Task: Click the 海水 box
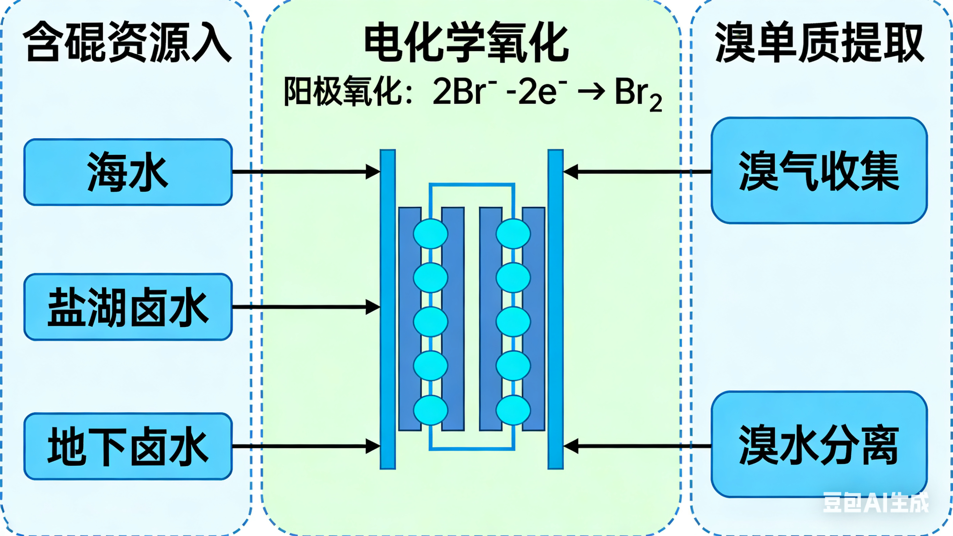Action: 128,172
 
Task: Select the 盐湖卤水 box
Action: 128,307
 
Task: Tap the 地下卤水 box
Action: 128,446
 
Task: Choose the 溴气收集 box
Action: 819,171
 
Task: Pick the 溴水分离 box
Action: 819,444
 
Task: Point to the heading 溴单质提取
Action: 819,43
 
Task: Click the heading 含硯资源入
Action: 128,42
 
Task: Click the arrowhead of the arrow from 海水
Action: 373,172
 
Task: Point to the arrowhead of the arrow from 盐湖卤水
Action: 373,307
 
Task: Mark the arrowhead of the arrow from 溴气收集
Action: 571,172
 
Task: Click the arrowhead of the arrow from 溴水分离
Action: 571,446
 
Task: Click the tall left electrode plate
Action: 388,309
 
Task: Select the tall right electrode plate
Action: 555,309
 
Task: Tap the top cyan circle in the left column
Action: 431,234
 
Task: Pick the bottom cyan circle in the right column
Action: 513,410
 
